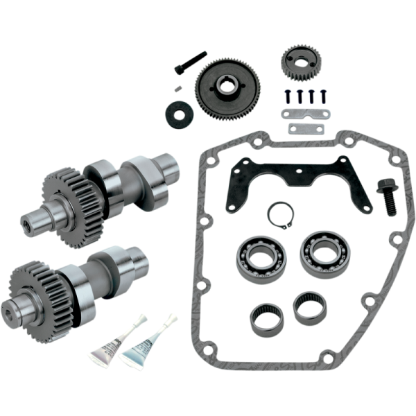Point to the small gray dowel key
(177, 87)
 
